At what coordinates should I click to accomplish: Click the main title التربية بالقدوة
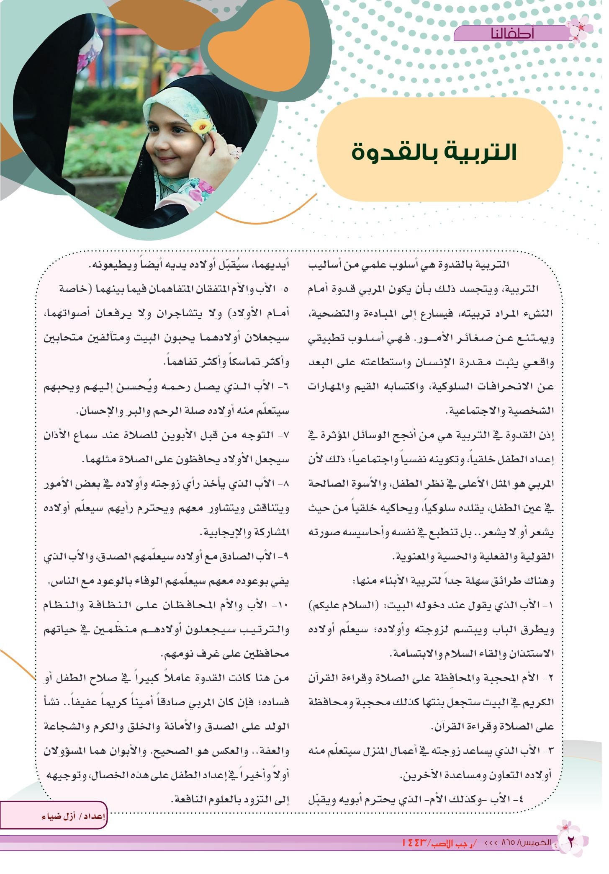tap(434, 152)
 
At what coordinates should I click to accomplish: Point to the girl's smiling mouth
tap(171, 160)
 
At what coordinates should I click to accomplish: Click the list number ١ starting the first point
tap(550, 606)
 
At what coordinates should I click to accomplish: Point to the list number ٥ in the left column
tap(286, 289)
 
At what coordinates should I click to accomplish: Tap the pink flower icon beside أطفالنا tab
tap(581, 29)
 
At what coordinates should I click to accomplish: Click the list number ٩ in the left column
tap(286, 557)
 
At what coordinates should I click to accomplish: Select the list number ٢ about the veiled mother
tap(550, 679)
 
